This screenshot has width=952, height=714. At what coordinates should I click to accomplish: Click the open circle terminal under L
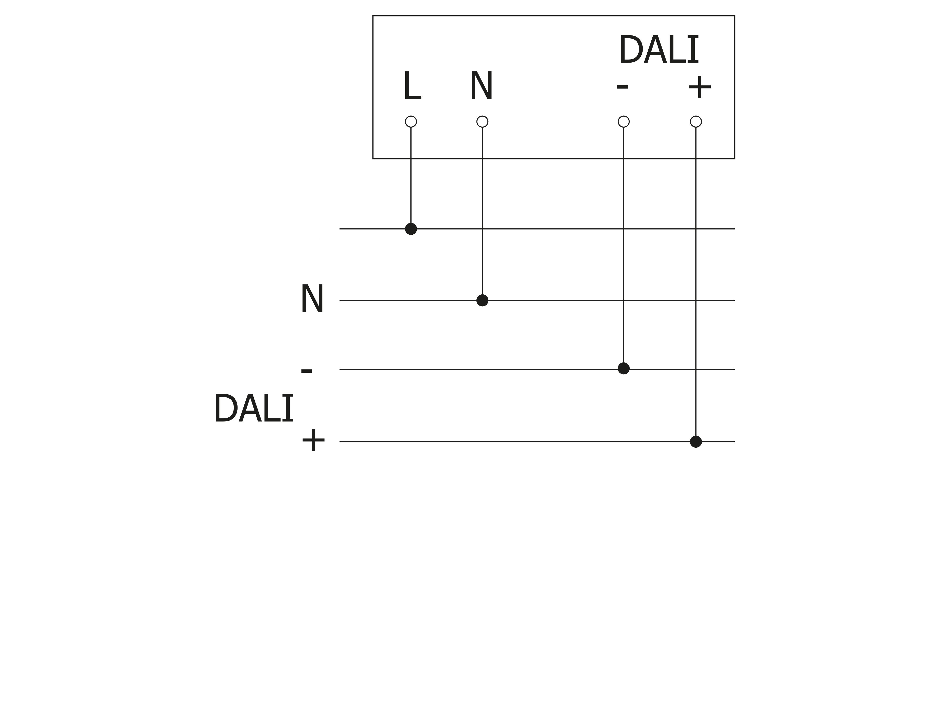point(411,122)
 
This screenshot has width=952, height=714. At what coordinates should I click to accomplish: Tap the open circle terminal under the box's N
point(482,122)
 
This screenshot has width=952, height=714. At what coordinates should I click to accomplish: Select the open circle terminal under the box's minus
point(624,122)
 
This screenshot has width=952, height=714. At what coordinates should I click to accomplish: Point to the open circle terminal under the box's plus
point(696,122)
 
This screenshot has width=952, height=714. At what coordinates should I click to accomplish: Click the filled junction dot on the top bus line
point(411,229)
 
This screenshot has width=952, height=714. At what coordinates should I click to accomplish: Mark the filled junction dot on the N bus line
point(482,300)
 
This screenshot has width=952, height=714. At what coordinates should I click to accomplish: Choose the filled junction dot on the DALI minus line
point(624,368)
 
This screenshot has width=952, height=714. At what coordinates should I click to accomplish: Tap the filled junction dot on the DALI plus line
point(696,441)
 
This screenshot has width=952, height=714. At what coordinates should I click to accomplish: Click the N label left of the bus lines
point(312,300)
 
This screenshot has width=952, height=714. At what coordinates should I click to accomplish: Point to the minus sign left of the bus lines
point(307,371)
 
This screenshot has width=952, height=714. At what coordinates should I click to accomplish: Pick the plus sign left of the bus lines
point(313,441)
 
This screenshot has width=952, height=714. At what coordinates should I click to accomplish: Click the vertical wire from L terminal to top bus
point(411,176)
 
